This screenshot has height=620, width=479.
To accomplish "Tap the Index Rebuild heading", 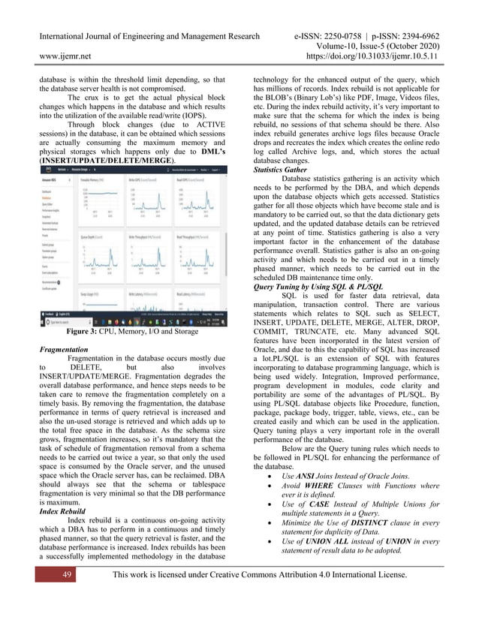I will [x=66, y=512].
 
